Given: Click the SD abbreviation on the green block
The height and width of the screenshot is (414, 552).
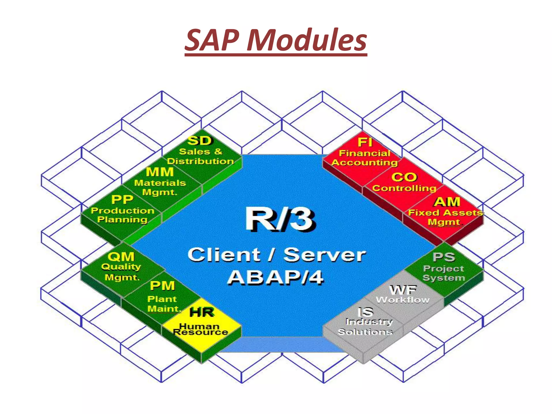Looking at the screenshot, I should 200,141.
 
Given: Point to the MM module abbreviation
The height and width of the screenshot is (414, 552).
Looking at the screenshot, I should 160,172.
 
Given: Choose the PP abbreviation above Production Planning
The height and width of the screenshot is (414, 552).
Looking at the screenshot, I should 122,200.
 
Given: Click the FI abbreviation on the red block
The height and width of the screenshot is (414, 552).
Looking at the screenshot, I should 365,142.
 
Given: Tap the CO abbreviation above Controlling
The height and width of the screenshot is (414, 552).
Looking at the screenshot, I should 404,177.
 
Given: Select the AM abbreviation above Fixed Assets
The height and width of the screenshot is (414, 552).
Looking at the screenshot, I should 447,202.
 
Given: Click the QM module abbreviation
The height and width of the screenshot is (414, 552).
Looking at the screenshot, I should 121,257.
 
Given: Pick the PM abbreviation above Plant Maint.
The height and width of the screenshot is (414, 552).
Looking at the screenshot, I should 162,286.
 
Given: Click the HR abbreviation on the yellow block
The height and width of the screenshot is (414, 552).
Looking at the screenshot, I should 202,312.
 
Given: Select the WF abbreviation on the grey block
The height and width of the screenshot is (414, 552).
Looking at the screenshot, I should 403,290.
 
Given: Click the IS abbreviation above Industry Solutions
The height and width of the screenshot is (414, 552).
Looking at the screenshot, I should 365,312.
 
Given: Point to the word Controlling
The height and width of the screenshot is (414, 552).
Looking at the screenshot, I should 404,188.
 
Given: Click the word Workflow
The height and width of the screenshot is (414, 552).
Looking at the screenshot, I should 403,300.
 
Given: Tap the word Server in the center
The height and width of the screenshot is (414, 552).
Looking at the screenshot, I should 325,255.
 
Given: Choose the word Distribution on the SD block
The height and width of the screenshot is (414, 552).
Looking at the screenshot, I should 200,161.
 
